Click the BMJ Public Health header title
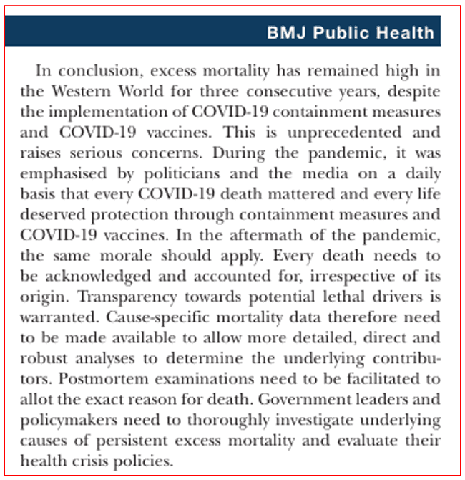(x=350, y=32)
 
